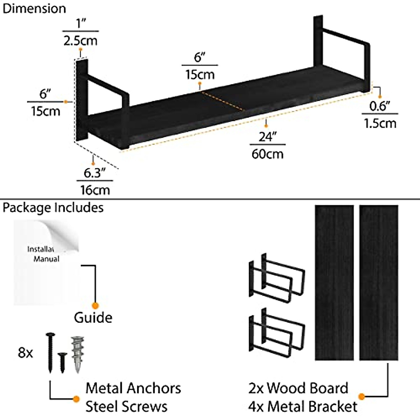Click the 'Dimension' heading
[x=34, y=8]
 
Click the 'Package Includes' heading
[x=53, y=208]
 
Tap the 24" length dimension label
[x=268, y=136]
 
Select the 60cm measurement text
[x=268, y=154]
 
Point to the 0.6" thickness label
[x=380, y=106]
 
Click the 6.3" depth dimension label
[x=94, y=173]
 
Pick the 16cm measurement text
[x=95, y=190]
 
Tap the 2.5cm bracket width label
[x=80, y=41]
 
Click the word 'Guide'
[x=93, y=318]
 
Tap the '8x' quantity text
[x=25, y=353]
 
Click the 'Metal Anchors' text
[x=133, y=388]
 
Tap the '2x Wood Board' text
[x=298, y=388]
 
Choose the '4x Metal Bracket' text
[x=303, y=406]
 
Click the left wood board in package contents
[x=334, y=282]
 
